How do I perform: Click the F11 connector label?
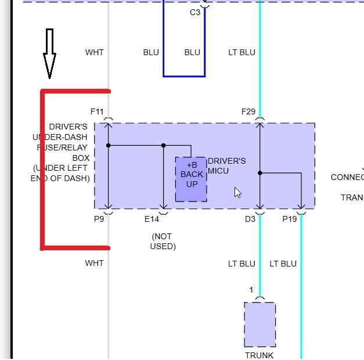(97, 111)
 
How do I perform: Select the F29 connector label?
(248, 111)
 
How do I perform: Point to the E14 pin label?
(152, 219)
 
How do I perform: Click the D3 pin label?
(250, 219)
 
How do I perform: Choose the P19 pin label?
(289, 219)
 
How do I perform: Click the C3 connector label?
(195, 12)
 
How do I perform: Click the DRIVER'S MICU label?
(226, 165)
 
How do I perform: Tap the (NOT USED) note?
(163, 242)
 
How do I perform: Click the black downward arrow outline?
(49, 53)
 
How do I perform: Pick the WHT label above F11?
(94, 52)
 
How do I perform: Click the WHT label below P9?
(94, 263)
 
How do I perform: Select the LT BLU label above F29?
(242, 52)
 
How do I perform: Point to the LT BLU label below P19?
(283, 264)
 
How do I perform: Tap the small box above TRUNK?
(260, 324)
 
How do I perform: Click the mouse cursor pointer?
(237, 192)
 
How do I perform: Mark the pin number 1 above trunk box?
(251, 290)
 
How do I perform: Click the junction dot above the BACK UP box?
(164, 145)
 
